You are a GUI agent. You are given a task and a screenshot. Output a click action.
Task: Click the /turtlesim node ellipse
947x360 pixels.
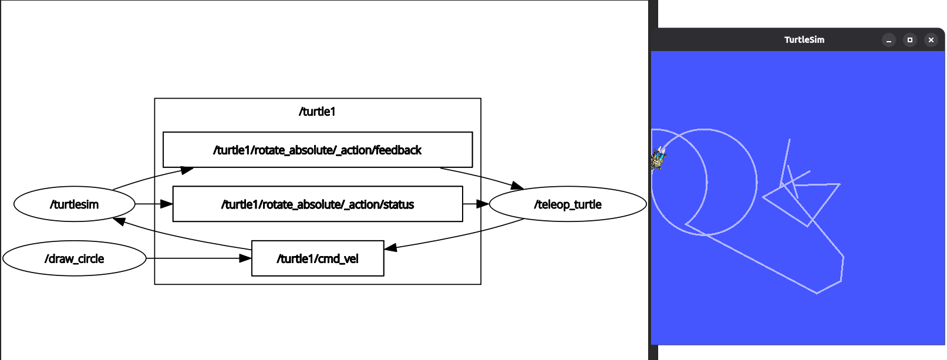coord(75,204)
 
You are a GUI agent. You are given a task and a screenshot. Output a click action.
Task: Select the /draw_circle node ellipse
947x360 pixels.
coord(75,258)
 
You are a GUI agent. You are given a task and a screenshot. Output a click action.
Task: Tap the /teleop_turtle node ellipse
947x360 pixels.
coord(568,204)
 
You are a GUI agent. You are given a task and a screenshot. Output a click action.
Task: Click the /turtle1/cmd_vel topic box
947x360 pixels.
coord(318,258)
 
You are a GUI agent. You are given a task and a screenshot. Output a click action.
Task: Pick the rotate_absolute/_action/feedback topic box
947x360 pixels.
coord(318,150)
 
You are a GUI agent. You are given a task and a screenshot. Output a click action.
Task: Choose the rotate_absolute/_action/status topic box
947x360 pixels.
coord(318,204)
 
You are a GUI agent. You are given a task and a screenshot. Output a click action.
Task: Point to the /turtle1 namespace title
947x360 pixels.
coord(317,112)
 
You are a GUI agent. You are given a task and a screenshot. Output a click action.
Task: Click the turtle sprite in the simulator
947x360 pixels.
coord(658,158)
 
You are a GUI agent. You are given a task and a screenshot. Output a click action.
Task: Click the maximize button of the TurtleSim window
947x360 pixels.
coord(910,40)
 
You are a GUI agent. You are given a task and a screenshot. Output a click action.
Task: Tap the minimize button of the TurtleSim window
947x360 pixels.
coord(889,40)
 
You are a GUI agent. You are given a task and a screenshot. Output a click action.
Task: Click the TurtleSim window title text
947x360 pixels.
coord(804,40)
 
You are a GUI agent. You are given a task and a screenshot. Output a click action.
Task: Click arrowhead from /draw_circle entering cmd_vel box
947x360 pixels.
coord(245,258)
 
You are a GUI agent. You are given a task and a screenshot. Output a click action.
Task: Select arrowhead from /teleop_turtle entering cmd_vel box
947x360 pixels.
coord(390,248)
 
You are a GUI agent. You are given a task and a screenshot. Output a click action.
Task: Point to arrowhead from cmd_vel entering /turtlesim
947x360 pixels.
coord(119,221)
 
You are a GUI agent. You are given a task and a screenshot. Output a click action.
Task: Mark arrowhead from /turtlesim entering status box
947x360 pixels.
coord(167,204)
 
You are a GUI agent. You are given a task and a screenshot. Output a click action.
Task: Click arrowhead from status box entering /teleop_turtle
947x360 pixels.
coord(483,204)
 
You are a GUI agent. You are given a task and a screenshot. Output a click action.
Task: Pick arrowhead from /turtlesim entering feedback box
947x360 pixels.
coord(187,170)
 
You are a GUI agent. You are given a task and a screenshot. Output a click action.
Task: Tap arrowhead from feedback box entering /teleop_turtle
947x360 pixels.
coord(517,186)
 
